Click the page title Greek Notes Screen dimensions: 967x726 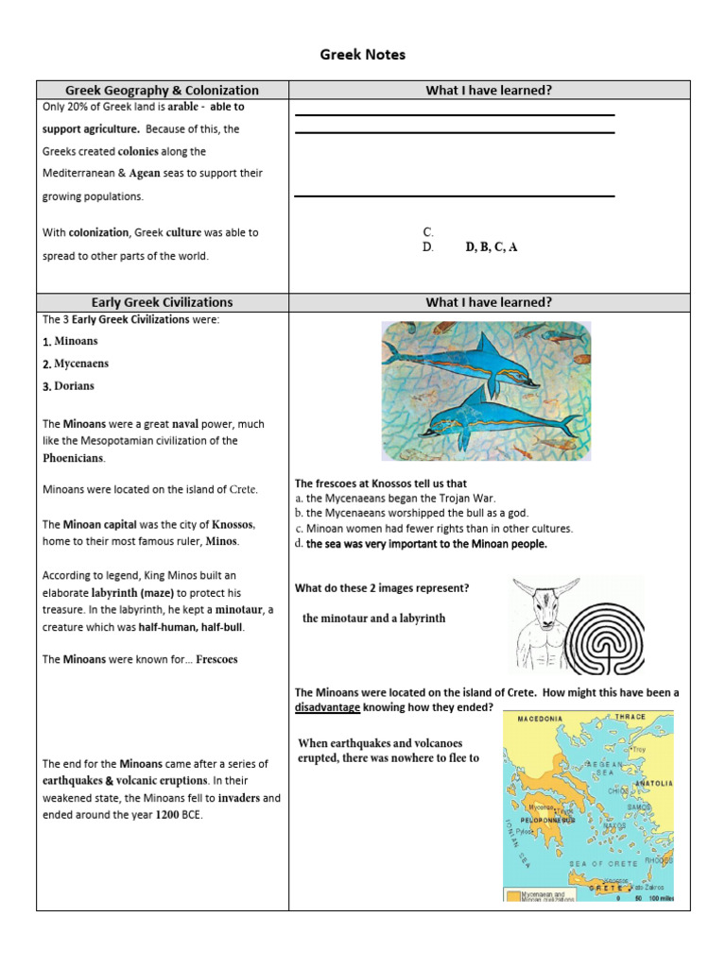[x=363, y=55]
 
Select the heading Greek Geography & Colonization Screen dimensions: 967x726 [x=162, y=91]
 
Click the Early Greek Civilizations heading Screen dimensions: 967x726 [x=162, y=302]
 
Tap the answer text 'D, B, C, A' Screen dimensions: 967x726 [x=492, y=247]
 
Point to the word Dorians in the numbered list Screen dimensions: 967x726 [x=74, y=386]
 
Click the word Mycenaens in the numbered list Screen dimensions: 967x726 [x=81, y=364]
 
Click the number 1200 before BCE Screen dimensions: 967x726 [x=167, y=814]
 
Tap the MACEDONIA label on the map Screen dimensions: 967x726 [x=540, y=719]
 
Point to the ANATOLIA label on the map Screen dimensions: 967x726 [x=653, y=783]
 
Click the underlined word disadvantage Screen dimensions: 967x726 [x=327, y=706]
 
